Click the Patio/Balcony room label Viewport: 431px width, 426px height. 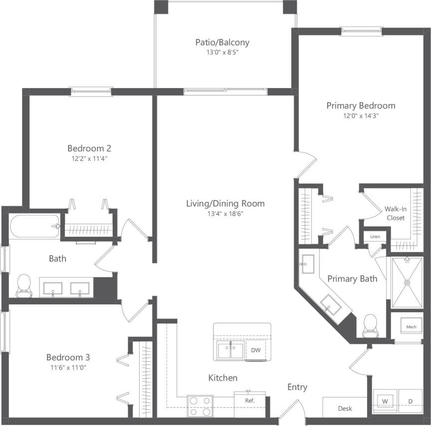[x=222, y=42]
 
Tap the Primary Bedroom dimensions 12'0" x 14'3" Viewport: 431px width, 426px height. [x=361, y=116]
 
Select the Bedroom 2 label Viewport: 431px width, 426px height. [x=89, y=148]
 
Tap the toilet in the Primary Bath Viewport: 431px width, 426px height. [x=370, y=323]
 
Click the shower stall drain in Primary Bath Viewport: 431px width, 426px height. [x=407, y=282]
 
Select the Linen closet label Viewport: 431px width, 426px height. [x=375, y=237]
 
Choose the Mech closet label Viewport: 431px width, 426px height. [x=411, y=327]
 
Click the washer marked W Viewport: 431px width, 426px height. [x=385, y=401]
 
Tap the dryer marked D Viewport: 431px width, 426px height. [x=411, y=401]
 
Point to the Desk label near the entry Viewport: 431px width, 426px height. [x=345, y=408]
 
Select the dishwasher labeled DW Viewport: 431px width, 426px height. [x=255, y=350]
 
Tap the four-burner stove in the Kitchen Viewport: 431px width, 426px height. [x=200, y=406]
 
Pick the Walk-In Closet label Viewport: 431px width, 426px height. [x=395, y=213]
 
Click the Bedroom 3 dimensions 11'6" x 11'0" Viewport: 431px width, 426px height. [x=68, y=368]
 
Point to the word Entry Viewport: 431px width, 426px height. [x=297, y=387]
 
